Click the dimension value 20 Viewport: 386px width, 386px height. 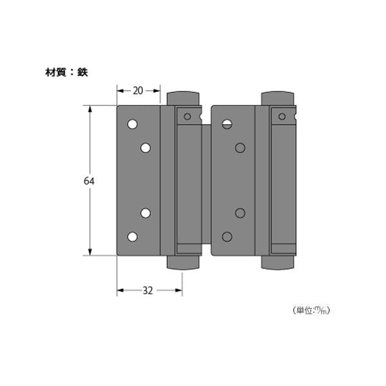click(138, 91)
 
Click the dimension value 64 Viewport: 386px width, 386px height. click(89, 181)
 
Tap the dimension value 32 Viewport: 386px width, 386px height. click(148, 291)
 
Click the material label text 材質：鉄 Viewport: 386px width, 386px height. click(67, 72)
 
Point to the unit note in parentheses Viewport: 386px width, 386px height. click(311, 310)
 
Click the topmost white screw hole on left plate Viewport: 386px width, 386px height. click(133, 124)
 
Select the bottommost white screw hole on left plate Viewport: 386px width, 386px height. click(133, 237)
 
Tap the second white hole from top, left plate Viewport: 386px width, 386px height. click(145, 148)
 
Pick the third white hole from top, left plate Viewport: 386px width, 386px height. click(145, 213)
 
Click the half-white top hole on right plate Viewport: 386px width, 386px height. click(227, 124)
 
